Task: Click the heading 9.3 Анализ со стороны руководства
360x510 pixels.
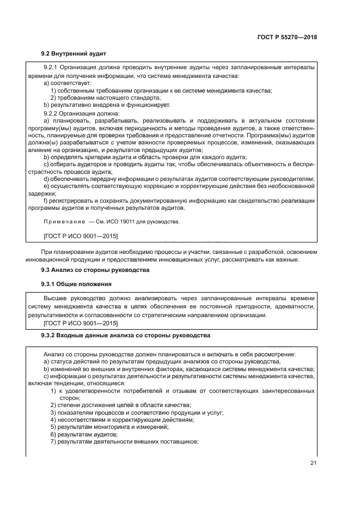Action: point(96,270)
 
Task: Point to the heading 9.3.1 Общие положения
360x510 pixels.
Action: point(77,284)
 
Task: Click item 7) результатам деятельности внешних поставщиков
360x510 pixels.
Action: point(124,442)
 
